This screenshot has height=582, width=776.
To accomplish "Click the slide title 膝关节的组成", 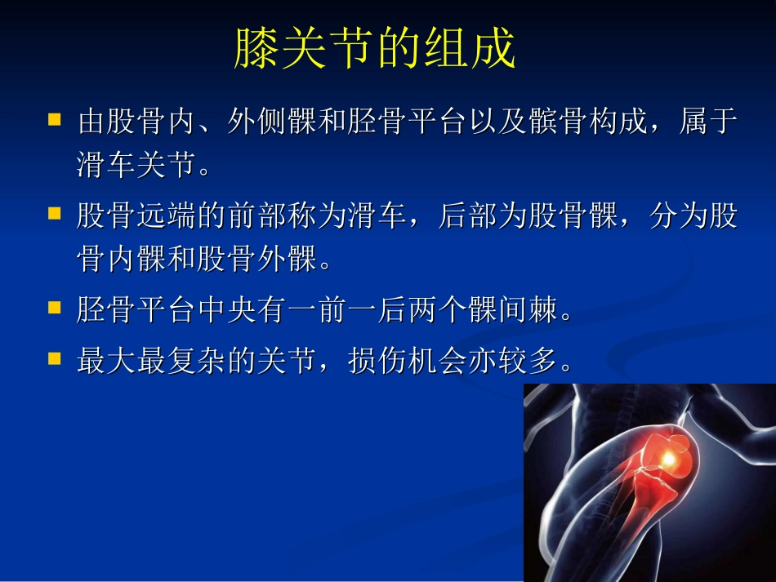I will click(x=375, y=50).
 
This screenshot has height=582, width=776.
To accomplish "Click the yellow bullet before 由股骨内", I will click(x=55, y=120).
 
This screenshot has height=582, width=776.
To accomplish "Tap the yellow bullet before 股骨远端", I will click(x=55, y=214).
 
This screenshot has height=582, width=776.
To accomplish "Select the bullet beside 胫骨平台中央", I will click(x=55, y=308).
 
